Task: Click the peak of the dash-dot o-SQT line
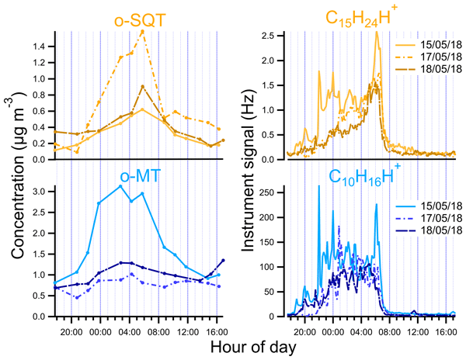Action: click(x=142, y=31)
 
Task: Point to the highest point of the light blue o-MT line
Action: click(x=120, y=186)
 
